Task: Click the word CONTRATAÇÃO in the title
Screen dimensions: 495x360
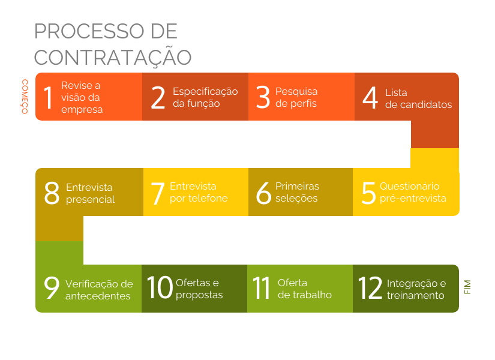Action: tap(113, 57)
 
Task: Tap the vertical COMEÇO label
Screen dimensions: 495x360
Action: tap(25, 97)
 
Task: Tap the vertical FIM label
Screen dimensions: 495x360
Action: tap(467, 287)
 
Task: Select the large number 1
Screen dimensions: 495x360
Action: tap(49, 98)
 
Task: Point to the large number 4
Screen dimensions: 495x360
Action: tap(370, 98)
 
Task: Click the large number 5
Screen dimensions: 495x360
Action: tap(368, 193)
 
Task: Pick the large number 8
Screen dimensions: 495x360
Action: tap(52, 193)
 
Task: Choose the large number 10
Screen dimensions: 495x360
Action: tap(160, 287)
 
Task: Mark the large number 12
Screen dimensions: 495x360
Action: tap(370, 287)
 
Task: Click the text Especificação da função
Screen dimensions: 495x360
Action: tap(205, 97)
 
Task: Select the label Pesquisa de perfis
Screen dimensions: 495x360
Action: tap(296, 97)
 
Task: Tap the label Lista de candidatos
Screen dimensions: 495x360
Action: tap(418, 98)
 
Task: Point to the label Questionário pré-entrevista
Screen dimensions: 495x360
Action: tap(413, 192)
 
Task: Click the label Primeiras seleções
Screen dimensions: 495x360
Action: tap(297, 192)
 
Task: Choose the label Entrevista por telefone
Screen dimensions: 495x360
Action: tap(199, 192)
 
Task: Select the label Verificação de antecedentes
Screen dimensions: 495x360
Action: tap(99, 290)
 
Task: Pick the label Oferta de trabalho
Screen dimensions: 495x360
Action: tap(305, 289)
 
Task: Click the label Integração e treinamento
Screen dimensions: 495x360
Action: tap(416, 289)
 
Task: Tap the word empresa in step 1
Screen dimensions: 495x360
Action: tap(82, 110)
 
